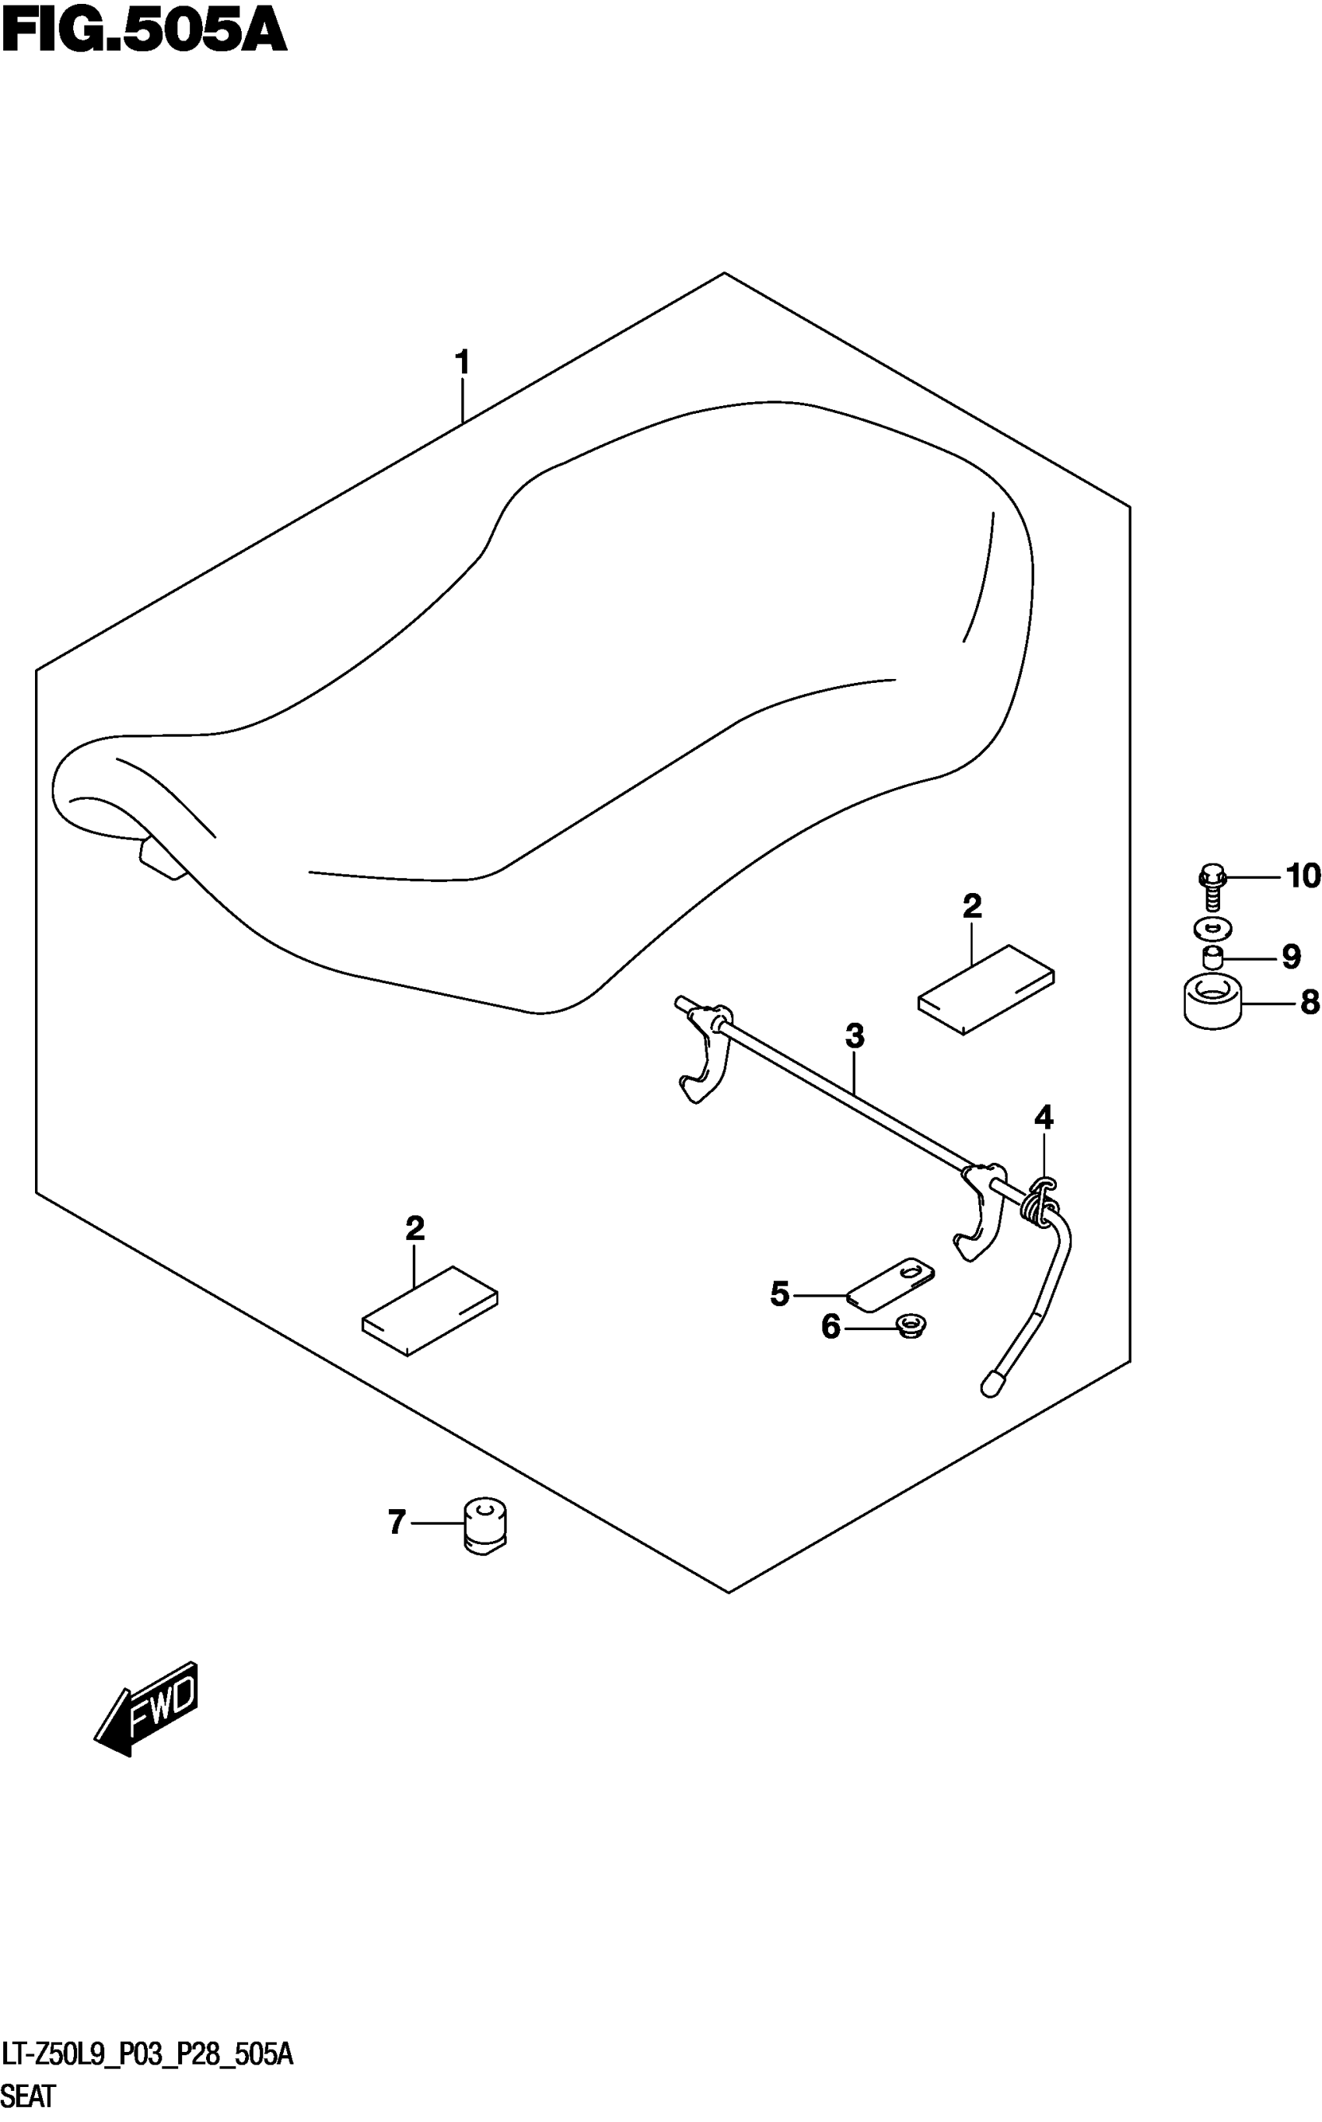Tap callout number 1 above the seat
click(x=463, y=362)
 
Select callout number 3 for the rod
click(x=854, y=1036)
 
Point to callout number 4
click(x=1044, y=1116)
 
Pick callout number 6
click(x=831, y=1327)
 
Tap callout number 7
click(x=397, y=1522)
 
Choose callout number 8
click(x=1309, y=1002)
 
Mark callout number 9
click(x=1291, y=957)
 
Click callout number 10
click(x=1302, y=876)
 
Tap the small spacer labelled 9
click(x=1212, y=958)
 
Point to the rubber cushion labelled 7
click(x=487, y=1525)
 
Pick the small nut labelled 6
click(x=912, y=1326)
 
